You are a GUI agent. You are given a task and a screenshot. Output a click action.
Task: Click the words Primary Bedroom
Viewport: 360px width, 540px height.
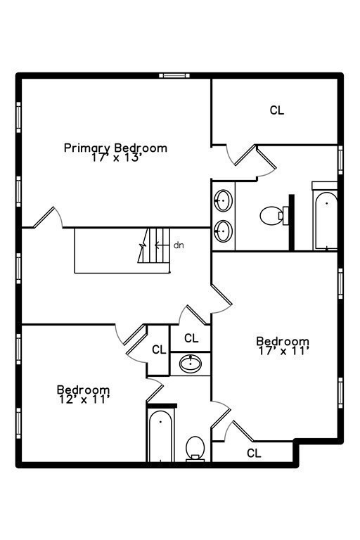115,148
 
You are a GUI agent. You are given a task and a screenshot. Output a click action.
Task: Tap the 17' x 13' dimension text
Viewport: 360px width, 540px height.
116,158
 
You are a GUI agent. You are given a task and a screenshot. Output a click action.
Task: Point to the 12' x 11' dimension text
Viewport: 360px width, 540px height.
83,399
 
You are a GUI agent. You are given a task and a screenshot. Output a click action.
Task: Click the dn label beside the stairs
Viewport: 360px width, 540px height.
179,245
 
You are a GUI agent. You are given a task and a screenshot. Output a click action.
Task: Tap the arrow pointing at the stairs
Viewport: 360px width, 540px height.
162,245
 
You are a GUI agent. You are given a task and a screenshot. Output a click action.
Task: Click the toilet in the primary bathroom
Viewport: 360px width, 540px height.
271,215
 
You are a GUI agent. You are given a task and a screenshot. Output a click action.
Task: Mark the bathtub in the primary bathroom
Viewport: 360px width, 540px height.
326,220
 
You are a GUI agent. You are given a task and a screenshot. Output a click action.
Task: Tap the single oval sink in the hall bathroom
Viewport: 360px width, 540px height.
191,364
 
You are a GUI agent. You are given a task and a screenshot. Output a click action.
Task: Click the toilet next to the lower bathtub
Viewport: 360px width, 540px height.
195,448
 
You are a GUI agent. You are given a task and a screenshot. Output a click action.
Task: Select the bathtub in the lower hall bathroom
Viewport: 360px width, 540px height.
161,435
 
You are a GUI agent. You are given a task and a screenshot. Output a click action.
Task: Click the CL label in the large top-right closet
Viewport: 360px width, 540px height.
277,110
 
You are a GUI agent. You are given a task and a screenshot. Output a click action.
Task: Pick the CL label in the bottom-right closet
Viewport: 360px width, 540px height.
254,454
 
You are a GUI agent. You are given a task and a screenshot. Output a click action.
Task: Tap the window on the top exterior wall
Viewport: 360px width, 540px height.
174,75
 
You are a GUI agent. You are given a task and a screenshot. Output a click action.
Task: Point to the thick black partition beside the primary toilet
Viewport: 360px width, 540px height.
290,221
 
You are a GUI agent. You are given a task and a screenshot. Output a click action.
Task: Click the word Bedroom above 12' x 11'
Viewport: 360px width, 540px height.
83,390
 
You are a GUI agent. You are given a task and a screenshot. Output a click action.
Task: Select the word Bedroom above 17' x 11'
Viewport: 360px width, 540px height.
282,341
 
